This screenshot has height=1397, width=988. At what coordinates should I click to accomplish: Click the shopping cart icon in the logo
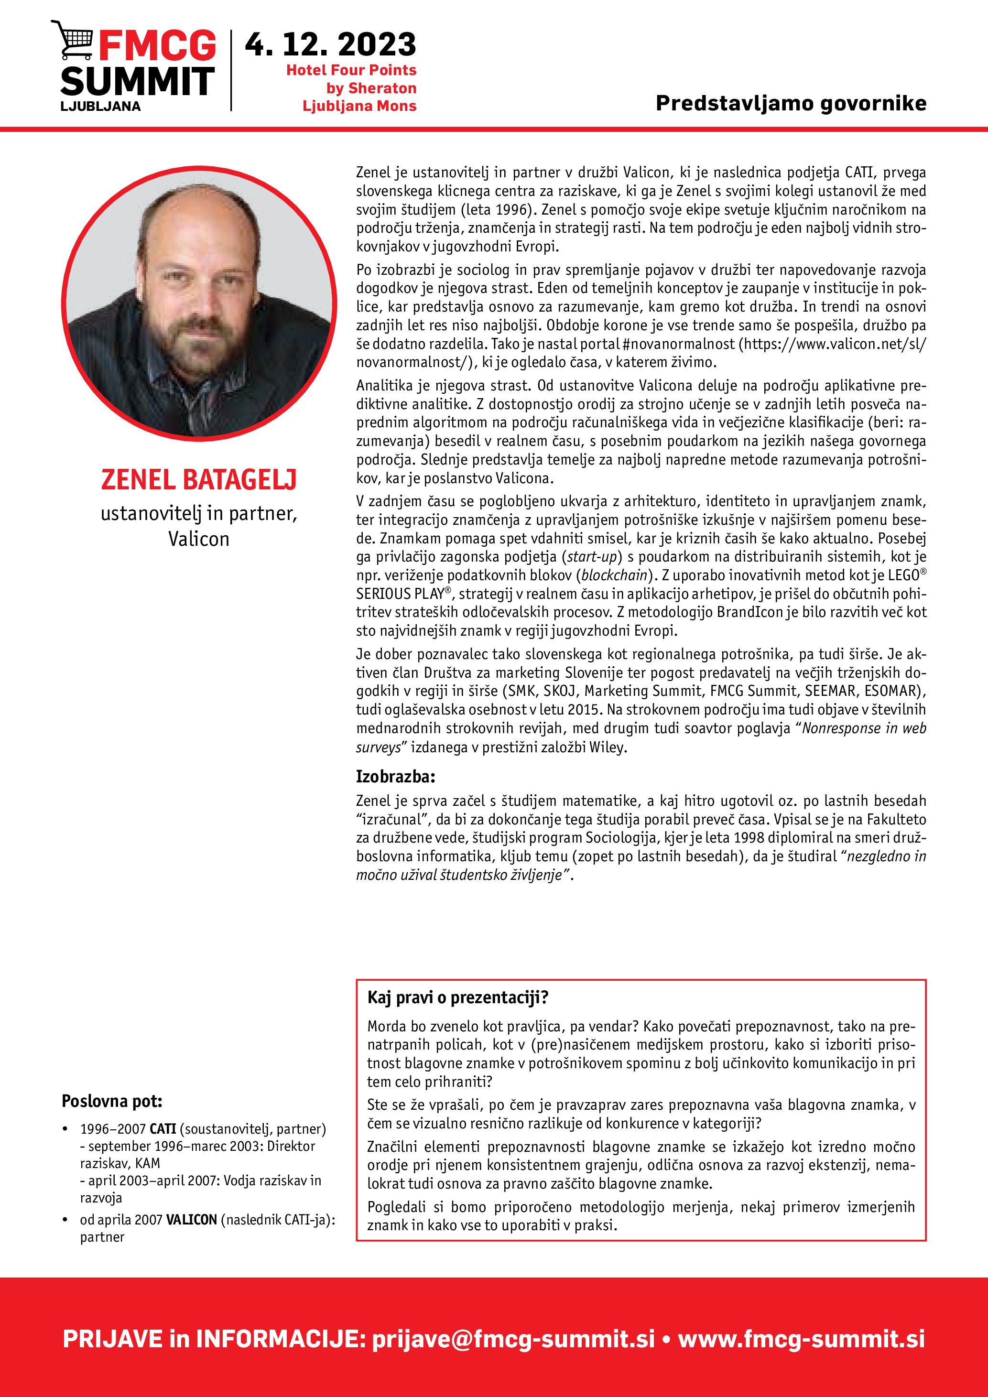pos(72,40)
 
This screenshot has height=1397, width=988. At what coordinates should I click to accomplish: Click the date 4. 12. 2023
pos(330,44)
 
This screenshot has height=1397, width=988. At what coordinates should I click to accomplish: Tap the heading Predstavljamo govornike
pos(791,103)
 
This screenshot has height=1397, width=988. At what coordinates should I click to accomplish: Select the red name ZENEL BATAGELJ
pos(198,479)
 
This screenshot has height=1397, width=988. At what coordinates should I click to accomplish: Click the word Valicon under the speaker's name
pos(199,539)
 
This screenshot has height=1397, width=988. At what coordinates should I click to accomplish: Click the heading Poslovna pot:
pos(112,1101)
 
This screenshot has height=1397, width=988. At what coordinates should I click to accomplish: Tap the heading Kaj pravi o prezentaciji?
pos(457,997)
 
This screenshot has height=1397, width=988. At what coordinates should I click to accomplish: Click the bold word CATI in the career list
pos(163,1129)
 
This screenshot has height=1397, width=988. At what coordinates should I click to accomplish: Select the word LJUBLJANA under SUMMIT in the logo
pos(100,106)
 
